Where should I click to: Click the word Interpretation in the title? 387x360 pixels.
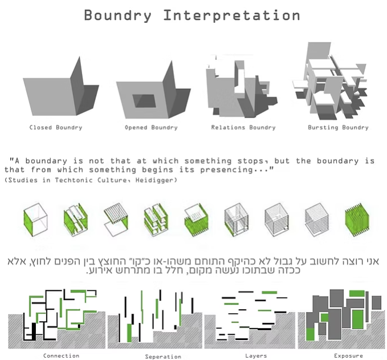(x=231, y=15)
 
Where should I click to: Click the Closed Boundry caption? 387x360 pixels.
(x=56, y=127)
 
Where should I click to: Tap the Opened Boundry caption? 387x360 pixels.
(x=151, y=127)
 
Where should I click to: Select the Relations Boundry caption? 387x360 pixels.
(x=243, y=127)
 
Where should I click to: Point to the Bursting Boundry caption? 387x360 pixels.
(x=338, y=127)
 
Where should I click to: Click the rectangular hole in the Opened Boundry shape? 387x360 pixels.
(x=144, y=101)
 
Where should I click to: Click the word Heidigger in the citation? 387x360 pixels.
(x=156, y=180)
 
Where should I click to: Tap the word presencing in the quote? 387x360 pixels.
(x=226, y=170)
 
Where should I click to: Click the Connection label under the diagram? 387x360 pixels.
(x=61, y=356)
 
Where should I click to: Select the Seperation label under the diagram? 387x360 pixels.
(x=163, y=357)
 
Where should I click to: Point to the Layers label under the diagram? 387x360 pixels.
(x=256, y=356)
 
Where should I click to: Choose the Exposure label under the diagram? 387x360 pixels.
(x=348, y=356)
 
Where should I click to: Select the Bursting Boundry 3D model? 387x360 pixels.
(x=330, y=81)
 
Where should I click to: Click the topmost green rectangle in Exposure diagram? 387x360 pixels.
(x=357, y=294)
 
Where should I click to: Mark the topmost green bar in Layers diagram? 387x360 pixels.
(x=269, y=293)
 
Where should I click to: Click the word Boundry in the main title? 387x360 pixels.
(x=118, y=16)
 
